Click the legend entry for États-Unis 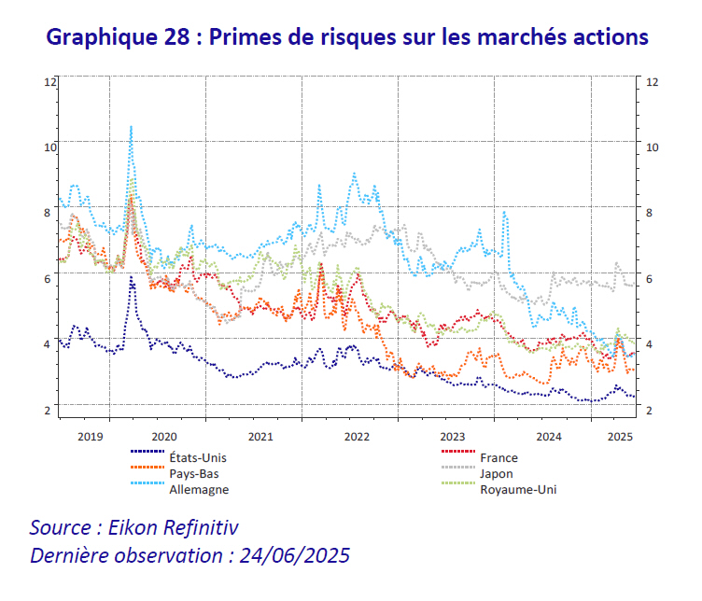(197, 457)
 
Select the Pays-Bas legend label (193, 473)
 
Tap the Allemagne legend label (198, 489)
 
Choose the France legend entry (498, 457)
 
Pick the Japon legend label (496, 473)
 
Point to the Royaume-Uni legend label (517, 489)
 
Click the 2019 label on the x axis (91, 436)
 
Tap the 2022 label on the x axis (357, 436)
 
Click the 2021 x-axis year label (260, 436)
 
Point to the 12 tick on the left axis (50, 82)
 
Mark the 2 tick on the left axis (48, 410)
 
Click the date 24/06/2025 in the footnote (294, 556)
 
